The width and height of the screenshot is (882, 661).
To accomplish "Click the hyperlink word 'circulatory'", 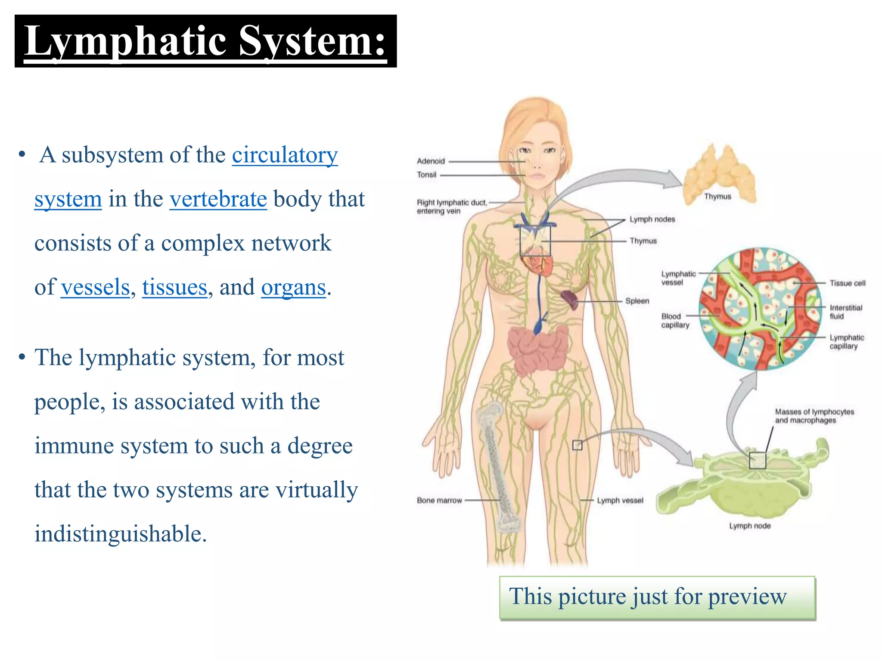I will click(x=285, y=155).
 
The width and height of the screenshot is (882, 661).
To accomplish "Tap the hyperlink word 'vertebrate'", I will click(x=218, y=199).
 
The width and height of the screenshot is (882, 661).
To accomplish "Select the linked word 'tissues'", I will click(x=174, y=287).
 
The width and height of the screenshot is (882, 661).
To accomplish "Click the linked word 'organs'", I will click(x=293, y=287).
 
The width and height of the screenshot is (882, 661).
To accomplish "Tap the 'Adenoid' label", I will click(x=430, y=161).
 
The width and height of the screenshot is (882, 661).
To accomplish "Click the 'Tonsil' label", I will click(x=426, y=175).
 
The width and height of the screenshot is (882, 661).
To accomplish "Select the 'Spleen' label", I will click(x=637, y=301).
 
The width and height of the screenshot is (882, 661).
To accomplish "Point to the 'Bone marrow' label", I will click(x=439, y=500).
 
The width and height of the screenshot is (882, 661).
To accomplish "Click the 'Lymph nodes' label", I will click(x=652, y=219).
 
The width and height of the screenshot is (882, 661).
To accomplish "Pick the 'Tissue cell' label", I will click(x=847, y=283).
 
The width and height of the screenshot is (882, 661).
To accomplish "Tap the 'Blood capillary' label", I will click(x=675, y=321).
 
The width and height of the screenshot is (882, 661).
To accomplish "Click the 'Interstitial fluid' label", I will click(x=845, y=312).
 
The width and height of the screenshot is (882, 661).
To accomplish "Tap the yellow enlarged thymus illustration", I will click(x=719, y=174).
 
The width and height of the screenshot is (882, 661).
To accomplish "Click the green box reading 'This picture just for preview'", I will click(x=657, y=598).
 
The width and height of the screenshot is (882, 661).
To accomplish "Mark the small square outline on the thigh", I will click(x=577, y=445).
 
